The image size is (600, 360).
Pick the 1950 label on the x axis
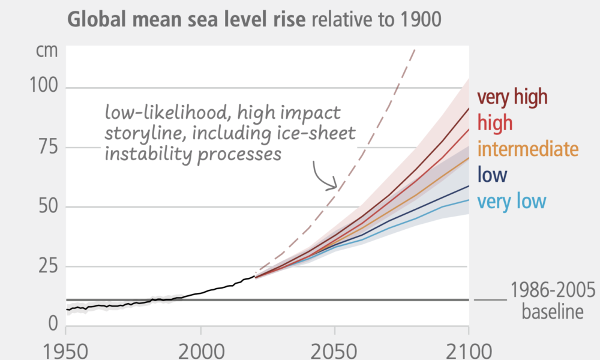pos(65,350)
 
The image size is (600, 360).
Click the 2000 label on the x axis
pos(200,350)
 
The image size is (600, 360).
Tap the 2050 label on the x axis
pos(334,350)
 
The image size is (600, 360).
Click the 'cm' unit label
pos(47,50)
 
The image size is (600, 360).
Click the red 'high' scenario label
pos(495,123)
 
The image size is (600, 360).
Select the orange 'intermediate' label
pos(528,149)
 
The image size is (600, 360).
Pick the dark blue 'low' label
pos(492,175)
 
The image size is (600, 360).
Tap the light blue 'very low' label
pos(512,201)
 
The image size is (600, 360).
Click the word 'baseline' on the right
pos(552,312)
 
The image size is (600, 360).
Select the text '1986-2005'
pos(553,292)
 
